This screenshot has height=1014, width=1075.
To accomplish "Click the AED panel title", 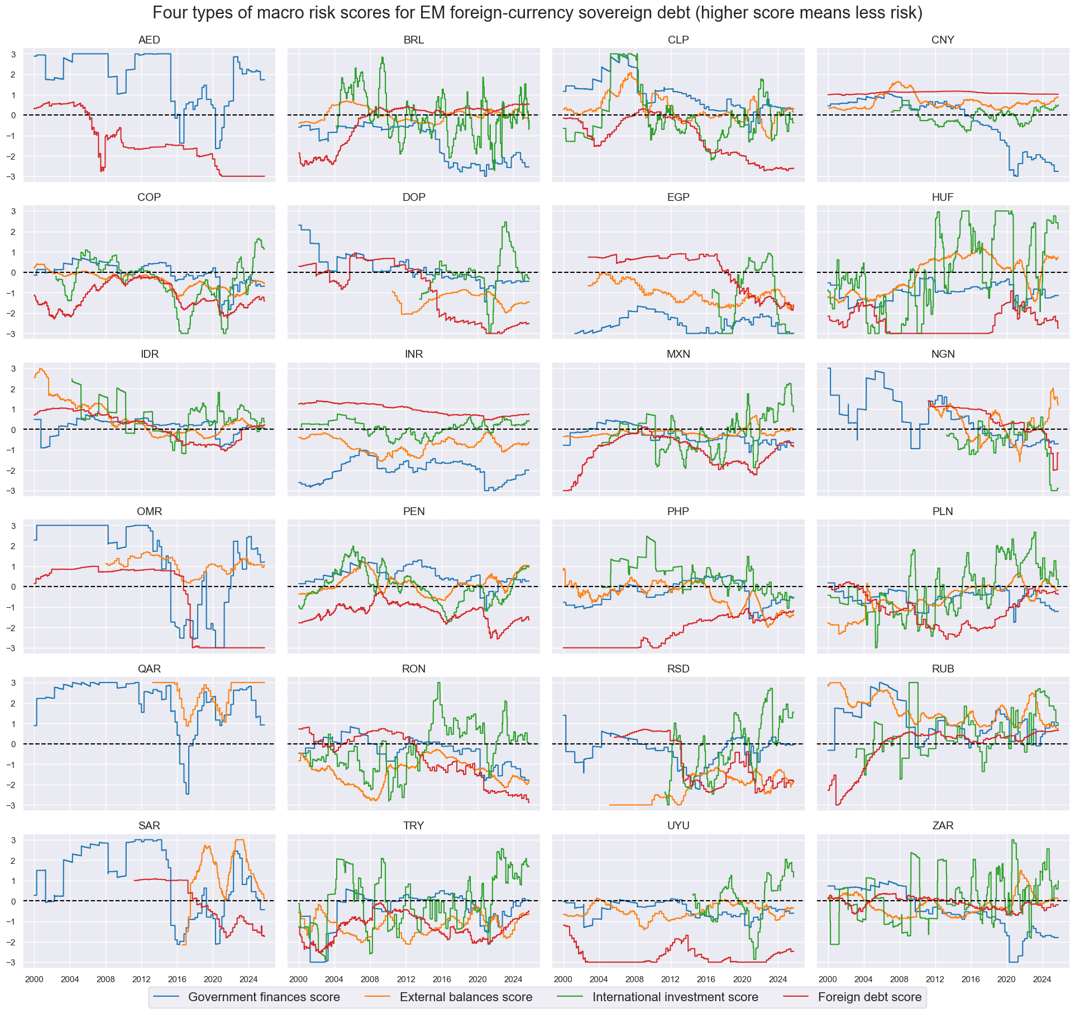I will click(149, 40).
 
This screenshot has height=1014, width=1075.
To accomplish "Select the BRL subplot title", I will click(413, 40).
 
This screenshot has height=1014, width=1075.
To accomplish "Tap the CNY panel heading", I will click(943, 40).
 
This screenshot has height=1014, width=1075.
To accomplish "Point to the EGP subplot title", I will click(678, 198).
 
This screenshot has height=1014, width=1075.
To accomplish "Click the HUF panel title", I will click(943, 198).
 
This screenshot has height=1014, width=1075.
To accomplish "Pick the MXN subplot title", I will click(678, 354).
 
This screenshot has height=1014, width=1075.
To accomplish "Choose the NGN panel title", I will click(943, 354).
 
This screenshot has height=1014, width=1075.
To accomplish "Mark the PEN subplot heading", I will click(413, 512).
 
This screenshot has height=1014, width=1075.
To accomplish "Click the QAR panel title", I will click(149, 669).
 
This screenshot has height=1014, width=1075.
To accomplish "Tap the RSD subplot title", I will click(678, 669).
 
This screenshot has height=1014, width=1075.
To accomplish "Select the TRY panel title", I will click(413, 826).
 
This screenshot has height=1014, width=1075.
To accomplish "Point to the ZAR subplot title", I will click(943, 826).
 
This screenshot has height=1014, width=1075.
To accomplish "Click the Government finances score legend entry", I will click(264, 997).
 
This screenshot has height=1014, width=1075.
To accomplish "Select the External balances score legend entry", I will click(466, 997).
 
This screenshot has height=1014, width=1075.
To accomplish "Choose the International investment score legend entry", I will click(675, 997).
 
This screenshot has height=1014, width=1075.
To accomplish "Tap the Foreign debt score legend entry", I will click(869, 997).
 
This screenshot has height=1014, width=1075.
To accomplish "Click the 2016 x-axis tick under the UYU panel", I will click(706, 979).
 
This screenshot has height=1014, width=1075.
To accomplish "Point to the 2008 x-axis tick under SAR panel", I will click(106, 979).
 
